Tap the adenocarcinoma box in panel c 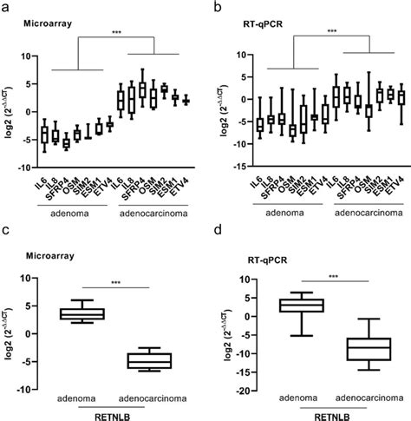150,360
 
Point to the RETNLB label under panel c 118,414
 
